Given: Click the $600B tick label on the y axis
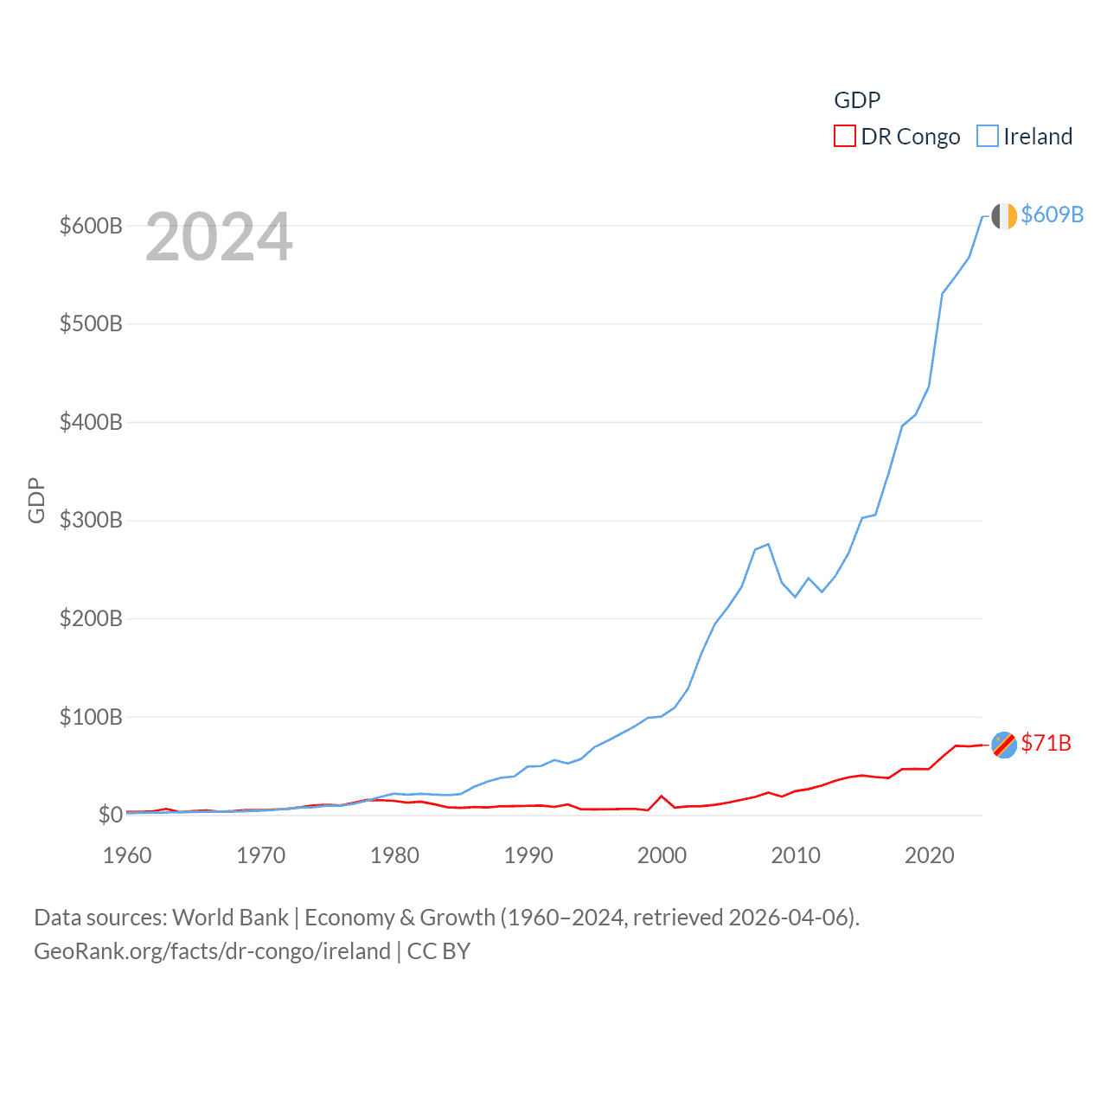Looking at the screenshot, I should pos(91,226).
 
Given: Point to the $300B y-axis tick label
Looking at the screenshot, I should pos(91,520).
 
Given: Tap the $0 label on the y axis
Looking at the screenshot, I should pos(110,815).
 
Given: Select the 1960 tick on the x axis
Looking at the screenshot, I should pos(127,855).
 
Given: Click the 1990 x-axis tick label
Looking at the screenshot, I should pos(528,855).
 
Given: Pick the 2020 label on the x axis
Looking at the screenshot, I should pos(930,855).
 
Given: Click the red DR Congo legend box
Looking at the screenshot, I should pos(845,137).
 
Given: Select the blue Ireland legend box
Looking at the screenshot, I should pos(988,137).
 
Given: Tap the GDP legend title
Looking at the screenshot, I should pos(857,100).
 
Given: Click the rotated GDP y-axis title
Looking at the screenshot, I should pos(36,500).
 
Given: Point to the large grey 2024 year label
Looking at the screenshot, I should pos(219,237).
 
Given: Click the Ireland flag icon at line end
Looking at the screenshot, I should pos(1004,216).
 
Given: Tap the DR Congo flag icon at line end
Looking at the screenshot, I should pos(1004,745).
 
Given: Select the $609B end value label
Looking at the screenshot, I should pos(1053,214).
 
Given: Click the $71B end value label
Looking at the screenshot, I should pos(1046,743).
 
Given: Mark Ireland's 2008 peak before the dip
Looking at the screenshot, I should pos(768,544).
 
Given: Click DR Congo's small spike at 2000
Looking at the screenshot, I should pos(662,796).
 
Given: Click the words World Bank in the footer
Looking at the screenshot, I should pos(231,917).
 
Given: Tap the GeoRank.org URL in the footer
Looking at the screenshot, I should pos(212,951).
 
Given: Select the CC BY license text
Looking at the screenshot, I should pos(438,951).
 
